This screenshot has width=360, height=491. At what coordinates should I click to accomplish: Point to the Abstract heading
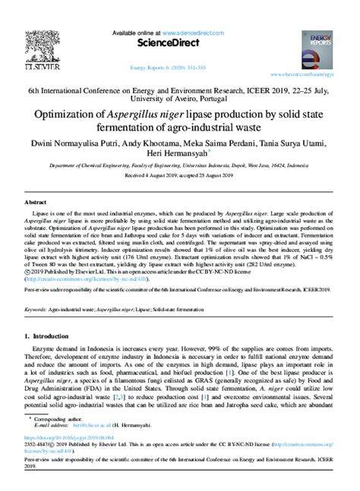tap(36, 203)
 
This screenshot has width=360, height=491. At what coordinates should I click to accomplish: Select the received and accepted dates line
tap(180, 179)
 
